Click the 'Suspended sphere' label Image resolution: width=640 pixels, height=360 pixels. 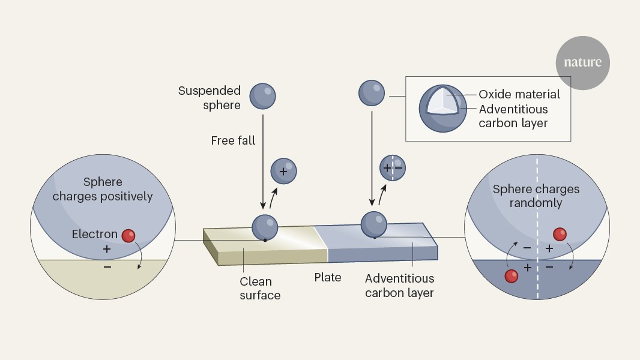point(209,98)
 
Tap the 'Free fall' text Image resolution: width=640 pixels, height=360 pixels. point(233,140)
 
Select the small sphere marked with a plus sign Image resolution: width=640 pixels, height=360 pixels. point(283,170)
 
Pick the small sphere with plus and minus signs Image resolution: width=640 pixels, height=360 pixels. point(392,167)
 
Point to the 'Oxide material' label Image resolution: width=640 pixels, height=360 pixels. point(519,94)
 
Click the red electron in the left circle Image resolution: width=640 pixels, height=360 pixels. point(128,236)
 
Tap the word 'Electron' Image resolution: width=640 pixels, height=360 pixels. point(94,234)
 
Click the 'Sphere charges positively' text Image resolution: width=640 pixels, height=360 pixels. point(103,189)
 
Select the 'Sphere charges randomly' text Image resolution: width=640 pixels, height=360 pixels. point(536,196)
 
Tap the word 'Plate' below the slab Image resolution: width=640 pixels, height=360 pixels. point(328,277)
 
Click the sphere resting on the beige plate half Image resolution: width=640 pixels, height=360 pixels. point(265,227)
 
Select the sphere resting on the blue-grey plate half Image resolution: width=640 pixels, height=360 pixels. point(373,224)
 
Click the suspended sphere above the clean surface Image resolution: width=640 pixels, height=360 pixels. point(262,96)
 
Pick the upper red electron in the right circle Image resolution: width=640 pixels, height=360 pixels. point(560,234)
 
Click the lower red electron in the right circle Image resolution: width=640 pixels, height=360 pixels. point(512,276)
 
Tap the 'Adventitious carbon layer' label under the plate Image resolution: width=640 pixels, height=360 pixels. point(399,286)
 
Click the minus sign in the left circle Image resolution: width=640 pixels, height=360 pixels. point(107,266)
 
